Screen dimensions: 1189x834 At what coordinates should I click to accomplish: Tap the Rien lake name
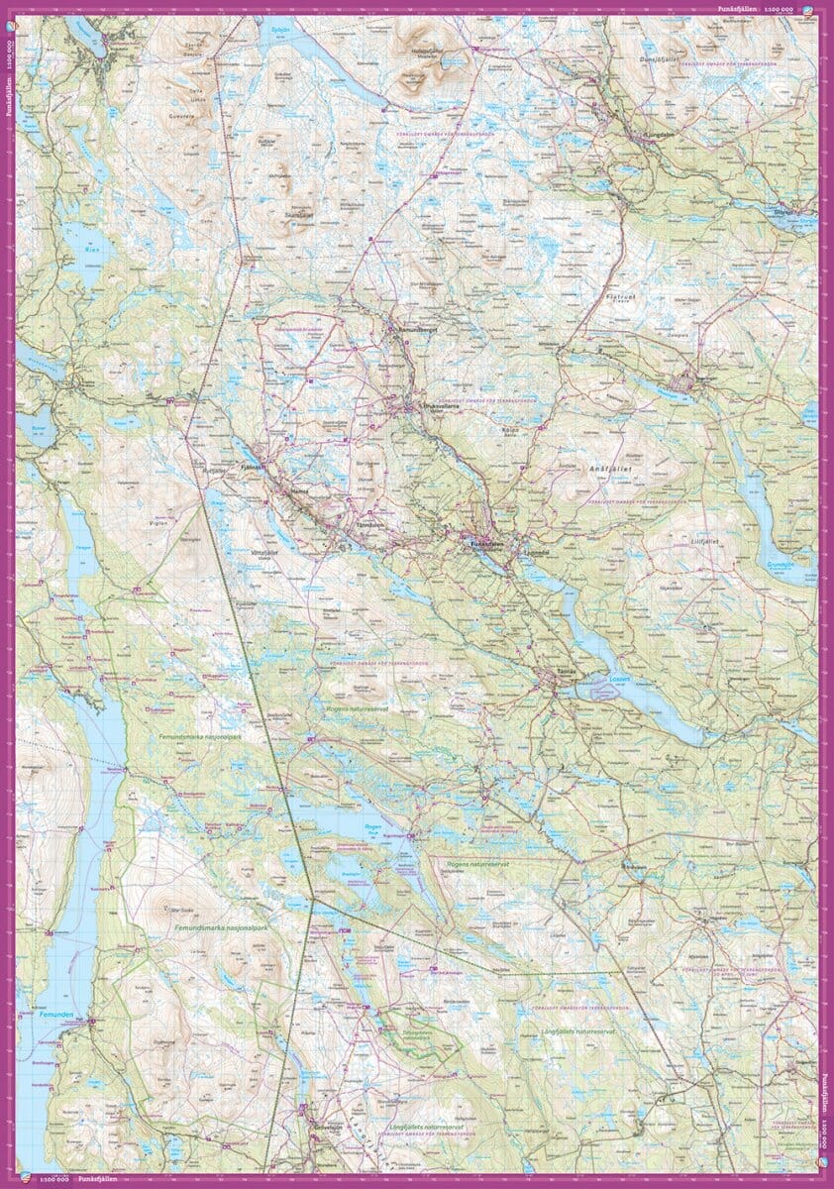click(x=93, y=251)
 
